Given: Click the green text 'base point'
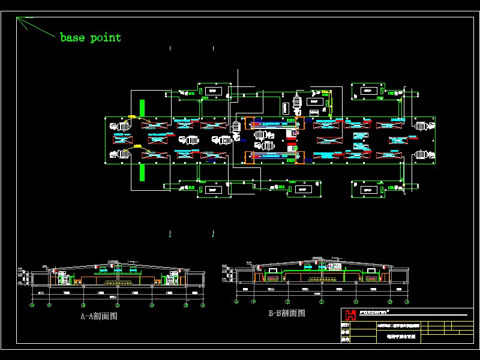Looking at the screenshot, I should point(91,38).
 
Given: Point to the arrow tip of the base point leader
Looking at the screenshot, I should point(17,19).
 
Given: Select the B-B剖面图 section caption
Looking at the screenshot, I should point(287,313).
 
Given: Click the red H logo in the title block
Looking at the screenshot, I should point(350,315).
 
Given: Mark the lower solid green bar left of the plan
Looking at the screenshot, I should point(142,172).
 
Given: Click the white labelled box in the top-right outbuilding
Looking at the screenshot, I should point(367,90).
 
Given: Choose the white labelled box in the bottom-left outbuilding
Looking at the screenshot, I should point(211,190).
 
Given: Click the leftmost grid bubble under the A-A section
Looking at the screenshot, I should point(32,305).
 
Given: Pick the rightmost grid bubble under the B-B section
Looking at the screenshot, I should point(409,302).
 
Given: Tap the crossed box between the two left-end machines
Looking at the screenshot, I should point(123,140).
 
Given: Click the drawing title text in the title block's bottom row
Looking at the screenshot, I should point(400,338).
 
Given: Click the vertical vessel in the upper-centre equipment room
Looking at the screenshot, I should point(296,103).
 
